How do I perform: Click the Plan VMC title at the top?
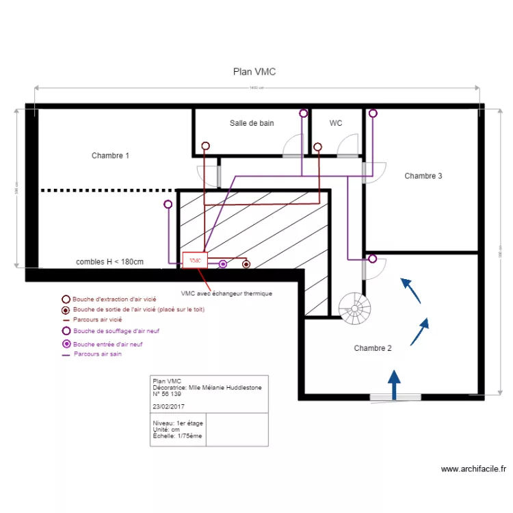(x=254, y=72)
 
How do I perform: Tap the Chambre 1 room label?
(x=110, y=156)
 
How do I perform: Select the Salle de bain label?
(x=251, y=123)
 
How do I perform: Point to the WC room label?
(x=336, y=123)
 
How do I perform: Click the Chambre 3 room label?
(x=423, y=176)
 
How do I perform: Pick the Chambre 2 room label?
(x=372, y=348)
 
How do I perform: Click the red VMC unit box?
(x=195, y=261)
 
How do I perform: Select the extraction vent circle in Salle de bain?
(x=205, y=146)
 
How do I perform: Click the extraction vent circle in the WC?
(x=318, y=146)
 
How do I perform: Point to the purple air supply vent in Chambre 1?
(x=168, y=204)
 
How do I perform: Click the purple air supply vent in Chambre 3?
(x=373, y=114)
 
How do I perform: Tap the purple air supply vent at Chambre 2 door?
(x=372, y=259)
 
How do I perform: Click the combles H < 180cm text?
(x=109, y=262)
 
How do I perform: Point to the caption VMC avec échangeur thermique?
(x=226, y=293)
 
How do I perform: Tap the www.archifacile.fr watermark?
(x=473, y=469)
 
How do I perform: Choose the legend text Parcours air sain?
(x=97, y=354)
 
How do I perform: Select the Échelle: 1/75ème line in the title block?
(x=177, y=436)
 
